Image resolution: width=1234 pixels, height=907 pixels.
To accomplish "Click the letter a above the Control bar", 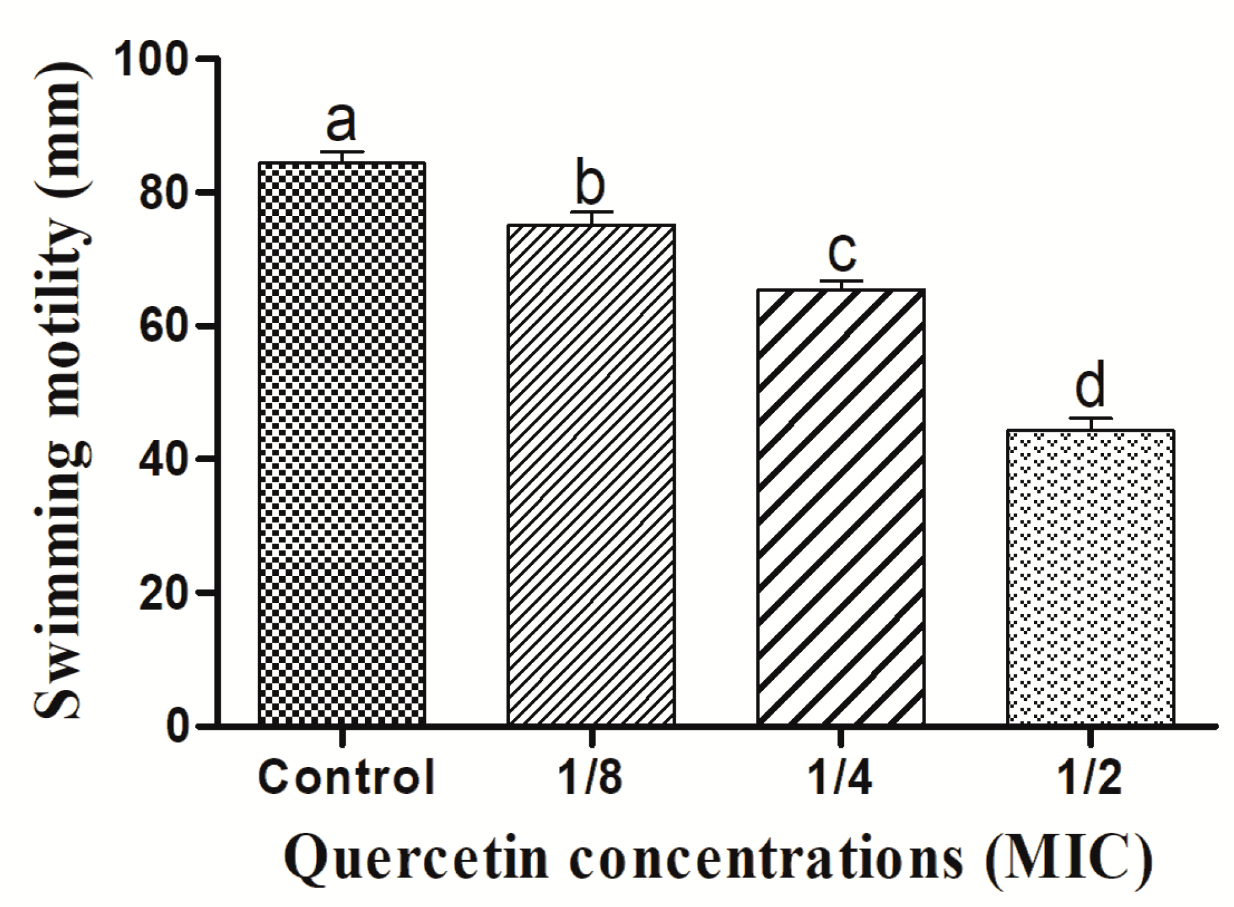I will click(341, 123).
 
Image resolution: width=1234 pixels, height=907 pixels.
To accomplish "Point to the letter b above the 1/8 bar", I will click(590, 184).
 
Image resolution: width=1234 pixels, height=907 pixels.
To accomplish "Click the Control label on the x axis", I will click(346, 778).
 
